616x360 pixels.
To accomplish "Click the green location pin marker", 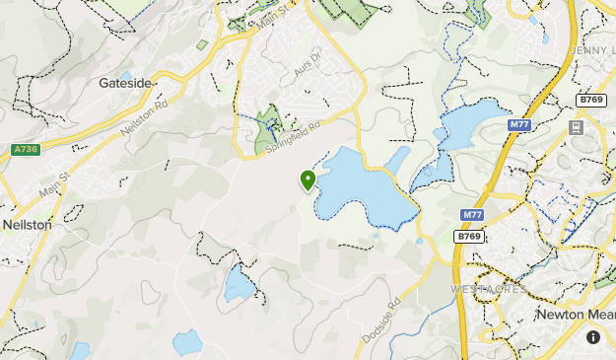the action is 308,180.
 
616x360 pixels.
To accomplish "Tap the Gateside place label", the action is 125,84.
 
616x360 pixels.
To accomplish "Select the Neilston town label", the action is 27,225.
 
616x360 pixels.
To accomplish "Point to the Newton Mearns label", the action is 576,314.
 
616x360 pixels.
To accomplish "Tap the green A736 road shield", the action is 27,149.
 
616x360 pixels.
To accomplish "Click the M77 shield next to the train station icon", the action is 520,125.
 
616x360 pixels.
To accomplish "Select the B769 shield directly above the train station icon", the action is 591,100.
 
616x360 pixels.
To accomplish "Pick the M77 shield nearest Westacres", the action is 471,215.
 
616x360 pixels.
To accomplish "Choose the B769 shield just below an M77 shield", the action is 469,237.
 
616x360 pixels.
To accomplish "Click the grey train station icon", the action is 577,126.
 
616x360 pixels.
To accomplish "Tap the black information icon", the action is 593,336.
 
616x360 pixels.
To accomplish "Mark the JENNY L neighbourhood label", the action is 591,48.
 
